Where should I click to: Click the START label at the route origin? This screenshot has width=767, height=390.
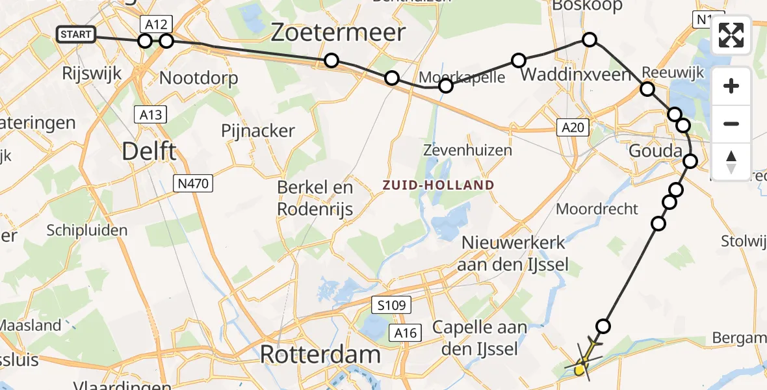[x=77, y=34]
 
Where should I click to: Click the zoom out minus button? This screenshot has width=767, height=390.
[x=731, y=123]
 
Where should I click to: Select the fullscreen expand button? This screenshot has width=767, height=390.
[x=731, y=35]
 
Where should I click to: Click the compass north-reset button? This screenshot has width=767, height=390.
[x=731, y=161]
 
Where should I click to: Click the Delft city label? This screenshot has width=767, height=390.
[x=149, y=152]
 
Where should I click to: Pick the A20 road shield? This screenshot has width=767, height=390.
[x=572, y=128]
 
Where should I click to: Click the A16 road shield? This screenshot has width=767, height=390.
[x=407, y=333]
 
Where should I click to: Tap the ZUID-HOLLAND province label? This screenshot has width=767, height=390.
[x=438, y=185]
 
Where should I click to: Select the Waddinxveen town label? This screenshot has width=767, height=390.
[x=575, y=74]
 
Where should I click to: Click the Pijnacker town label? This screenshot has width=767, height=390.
[x=257, y=131]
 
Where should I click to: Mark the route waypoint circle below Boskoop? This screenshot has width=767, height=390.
[x=589, y=40]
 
